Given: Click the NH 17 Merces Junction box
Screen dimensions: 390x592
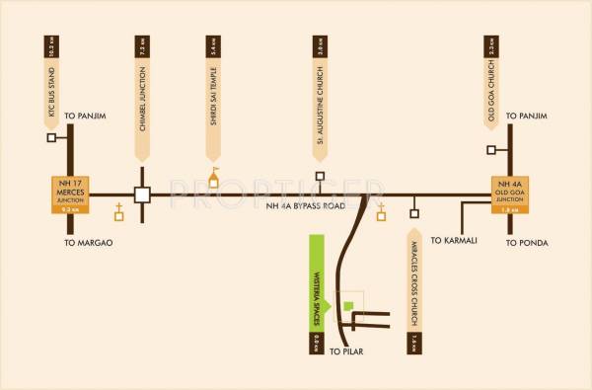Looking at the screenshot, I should [69, 195].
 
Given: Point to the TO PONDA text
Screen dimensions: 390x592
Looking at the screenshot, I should [528, 242].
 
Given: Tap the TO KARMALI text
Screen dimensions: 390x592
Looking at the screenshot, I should [456, 240].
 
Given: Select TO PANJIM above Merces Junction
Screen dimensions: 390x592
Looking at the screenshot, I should [85, 117].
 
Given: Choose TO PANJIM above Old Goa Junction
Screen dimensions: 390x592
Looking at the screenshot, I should [525, 117].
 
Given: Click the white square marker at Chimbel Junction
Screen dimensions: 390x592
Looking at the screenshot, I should [142, 195].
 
